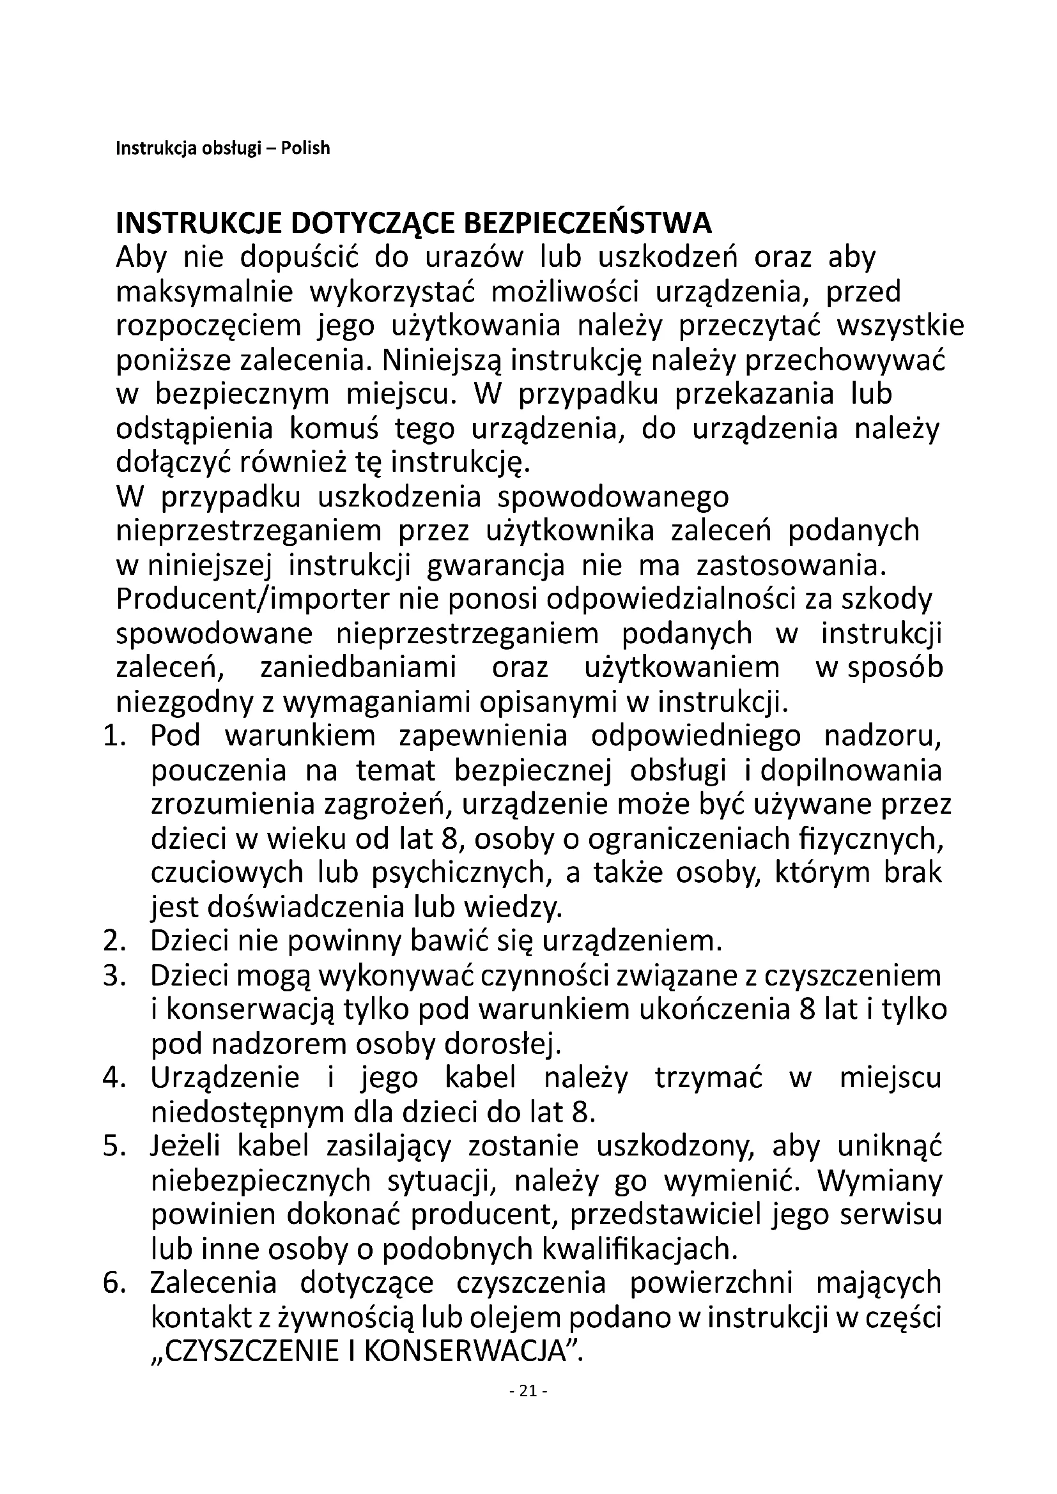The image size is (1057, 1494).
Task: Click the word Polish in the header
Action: click(305, 148)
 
